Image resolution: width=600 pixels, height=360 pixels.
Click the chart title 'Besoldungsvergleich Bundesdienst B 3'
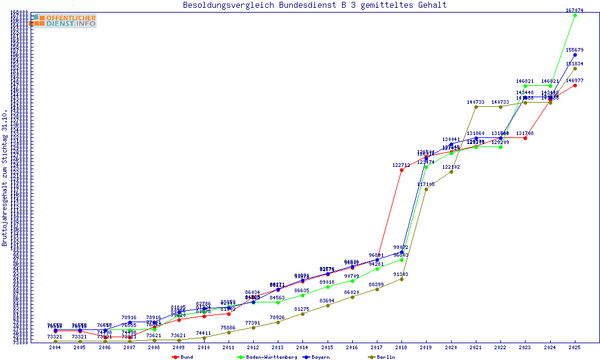(x=314, y=5)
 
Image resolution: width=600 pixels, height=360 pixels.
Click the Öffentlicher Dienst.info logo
(x=63, y=21)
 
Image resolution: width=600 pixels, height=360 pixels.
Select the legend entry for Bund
(x=183, y=357)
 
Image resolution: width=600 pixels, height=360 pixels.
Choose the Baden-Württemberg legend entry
(x=267, y=357)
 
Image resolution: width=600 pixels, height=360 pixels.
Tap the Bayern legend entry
(x=317, y=357)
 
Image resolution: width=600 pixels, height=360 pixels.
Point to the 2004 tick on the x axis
(x=55, y=347)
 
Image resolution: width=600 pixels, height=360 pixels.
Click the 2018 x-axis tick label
(x=401, y=347)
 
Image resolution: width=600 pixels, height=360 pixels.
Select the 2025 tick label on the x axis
(x=575, y=347)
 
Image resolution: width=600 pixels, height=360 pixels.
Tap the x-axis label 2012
(x=253, y=347)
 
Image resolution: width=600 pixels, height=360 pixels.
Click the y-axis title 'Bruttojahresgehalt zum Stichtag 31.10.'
(x=5, y=178)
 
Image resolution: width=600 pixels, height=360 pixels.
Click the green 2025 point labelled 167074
(x=575, y=15)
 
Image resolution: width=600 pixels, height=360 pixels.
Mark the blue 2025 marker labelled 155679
(x=575, y=55)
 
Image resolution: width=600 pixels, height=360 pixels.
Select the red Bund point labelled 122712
(x=401, y=170)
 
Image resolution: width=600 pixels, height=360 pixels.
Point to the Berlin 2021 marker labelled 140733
(x=476, y=107)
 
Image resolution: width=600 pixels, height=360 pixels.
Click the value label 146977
(x=575, y=80)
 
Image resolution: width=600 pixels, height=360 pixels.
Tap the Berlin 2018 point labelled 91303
(x=401, y=279)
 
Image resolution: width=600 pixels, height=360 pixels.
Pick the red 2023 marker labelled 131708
(x=525, y=138)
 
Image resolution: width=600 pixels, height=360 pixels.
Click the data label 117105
(x=426, y=184)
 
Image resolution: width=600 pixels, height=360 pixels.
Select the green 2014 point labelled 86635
(x=302, y=295)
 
